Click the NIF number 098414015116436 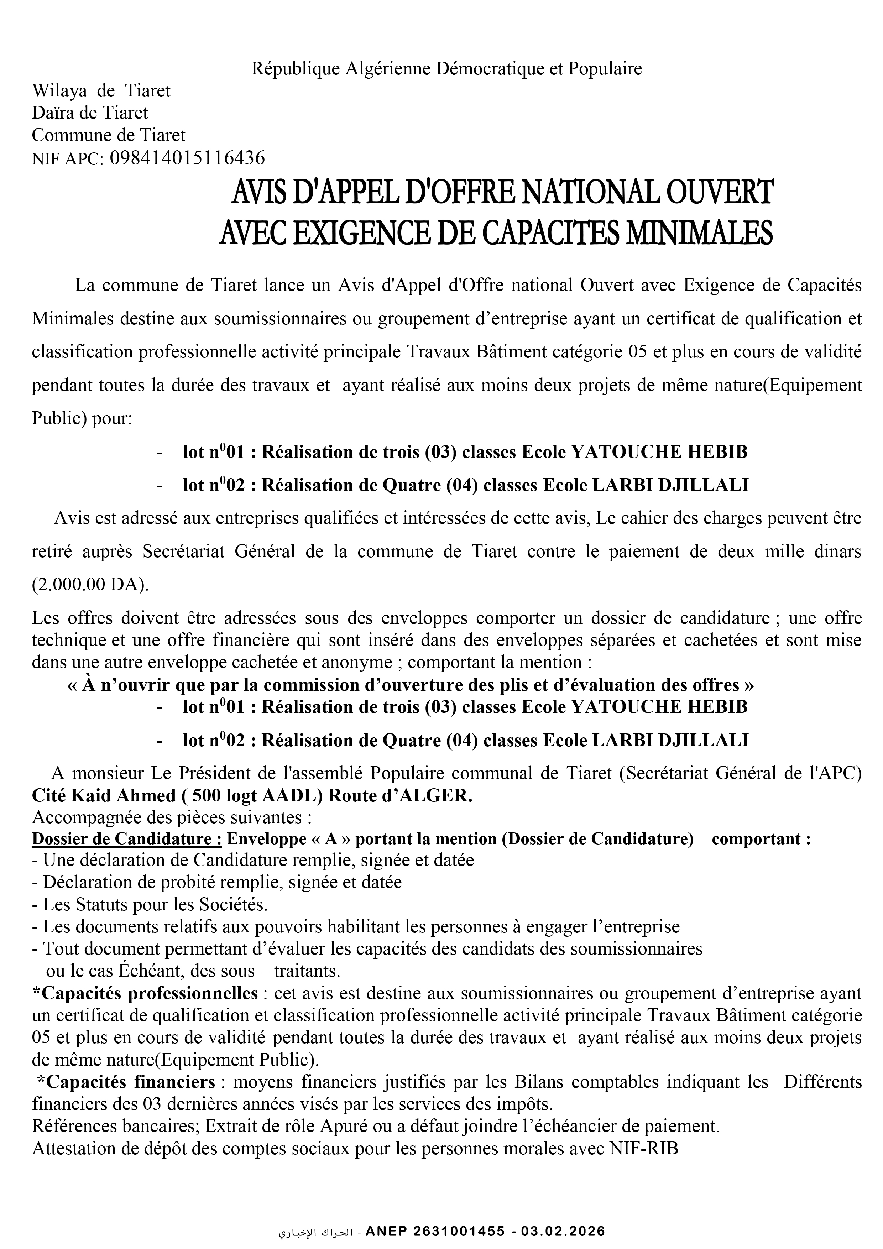click(x=187, y=158)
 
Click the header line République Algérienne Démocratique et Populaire click(x=446, y=69)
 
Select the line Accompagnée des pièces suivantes click(x=171, y=817)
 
